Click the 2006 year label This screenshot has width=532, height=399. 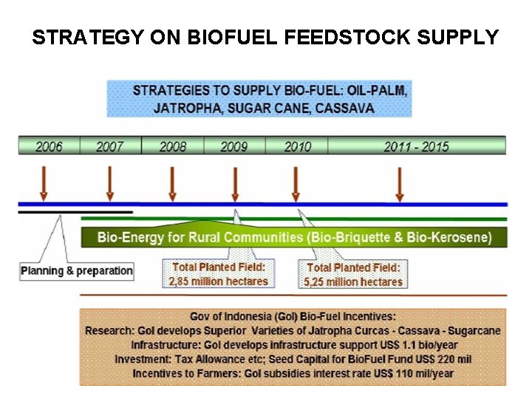click(x=50, y=146)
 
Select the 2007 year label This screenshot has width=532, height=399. click(x=110, y=146)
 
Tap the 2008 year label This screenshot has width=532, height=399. click(x=173, y=146)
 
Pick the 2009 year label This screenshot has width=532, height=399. click(x=234, y=146)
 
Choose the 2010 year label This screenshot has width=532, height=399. click(x=298, y=146)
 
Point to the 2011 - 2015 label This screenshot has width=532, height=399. click(x=416, y=146)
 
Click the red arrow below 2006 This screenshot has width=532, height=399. click(x=44, y=183)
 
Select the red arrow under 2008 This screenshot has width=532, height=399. click(x=172, y=183)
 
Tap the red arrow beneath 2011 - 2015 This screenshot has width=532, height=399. click(x=400, y=183)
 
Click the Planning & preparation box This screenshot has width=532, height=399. click(x=77, y=270)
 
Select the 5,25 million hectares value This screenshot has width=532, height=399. click(x=354, y=282)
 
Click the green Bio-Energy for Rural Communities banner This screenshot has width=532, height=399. click(x=294, y=237)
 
